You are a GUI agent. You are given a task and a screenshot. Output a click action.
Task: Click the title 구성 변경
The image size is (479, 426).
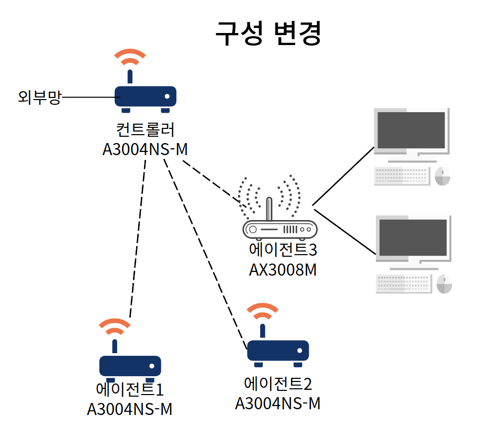pos(268,34)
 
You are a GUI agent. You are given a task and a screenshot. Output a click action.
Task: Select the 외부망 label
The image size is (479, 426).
pos(40,97)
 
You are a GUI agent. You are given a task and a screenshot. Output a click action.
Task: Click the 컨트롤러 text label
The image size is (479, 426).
pos(145,129)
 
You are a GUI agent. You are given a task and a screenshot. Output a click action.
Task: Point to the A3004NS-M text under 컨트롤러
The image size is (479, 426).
pos(145,149)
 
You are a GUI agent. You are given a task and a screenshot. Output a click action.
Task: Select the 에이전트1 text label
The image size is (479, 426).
pos(130,389)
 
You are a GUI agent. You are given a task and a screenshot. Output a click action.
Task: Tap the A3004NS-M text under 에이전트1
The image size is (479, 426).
pos(130,409)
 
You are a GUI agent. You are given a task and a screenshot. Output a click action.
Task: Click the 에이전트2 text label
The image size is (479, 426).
pos(278,384)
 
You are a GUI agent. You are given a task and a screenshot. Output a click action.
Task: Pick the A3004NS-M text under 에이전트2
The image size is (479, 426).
pos(278,403)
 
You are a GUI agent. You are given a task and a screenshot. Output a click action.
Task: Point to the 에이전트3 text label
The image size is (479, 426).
pos(283,249)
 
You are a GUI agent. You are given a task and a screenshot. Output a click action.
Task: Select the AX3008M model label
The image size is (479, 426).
pos(283,270)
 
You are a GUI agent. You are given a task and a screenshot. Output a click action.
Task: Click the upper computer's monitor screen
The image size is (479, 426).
pos(411,130)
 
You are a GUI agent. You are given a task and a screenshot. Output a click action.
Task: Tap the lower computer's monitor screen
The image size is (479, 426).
pos(413,237)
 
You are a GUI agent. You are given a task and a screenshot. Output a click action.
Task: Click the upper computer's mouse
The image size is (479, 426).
pos(442,176)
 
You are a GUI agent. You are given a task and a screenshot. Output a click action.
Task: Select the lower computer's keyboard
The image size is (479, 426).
pos(404,284)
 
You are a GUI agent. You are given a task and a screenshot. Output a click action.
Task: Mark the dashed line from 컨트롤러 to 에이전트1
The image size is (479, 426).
pos(138,238)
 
